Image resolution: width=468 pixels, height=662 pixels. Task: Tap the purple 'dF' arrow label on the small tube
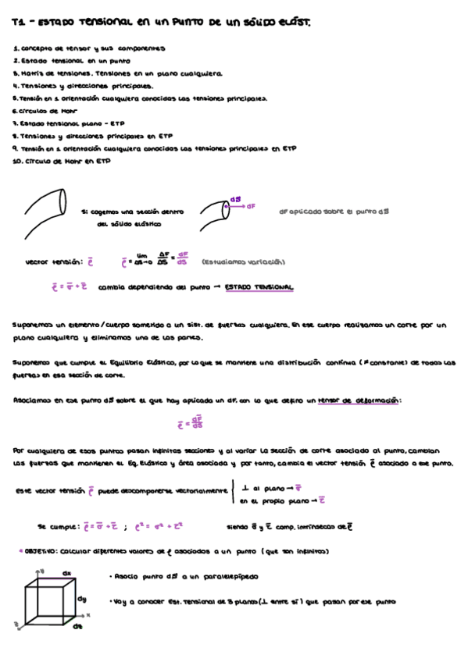pos(251,206)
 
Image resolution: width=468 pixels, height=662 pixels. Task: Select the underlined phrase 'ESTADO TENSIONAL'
pos(259,287)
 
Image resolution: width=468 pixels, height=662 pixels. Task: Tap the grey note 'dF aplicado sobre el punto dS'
pos(334,211)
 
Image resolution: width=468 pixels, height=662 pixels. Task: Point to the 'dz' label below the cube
pos(77,626)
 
